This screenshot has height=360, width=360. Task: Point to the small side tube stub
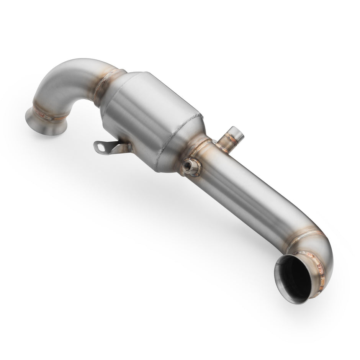[232, 139]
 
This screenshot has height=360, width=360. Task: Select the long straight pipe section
[245, 195]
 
